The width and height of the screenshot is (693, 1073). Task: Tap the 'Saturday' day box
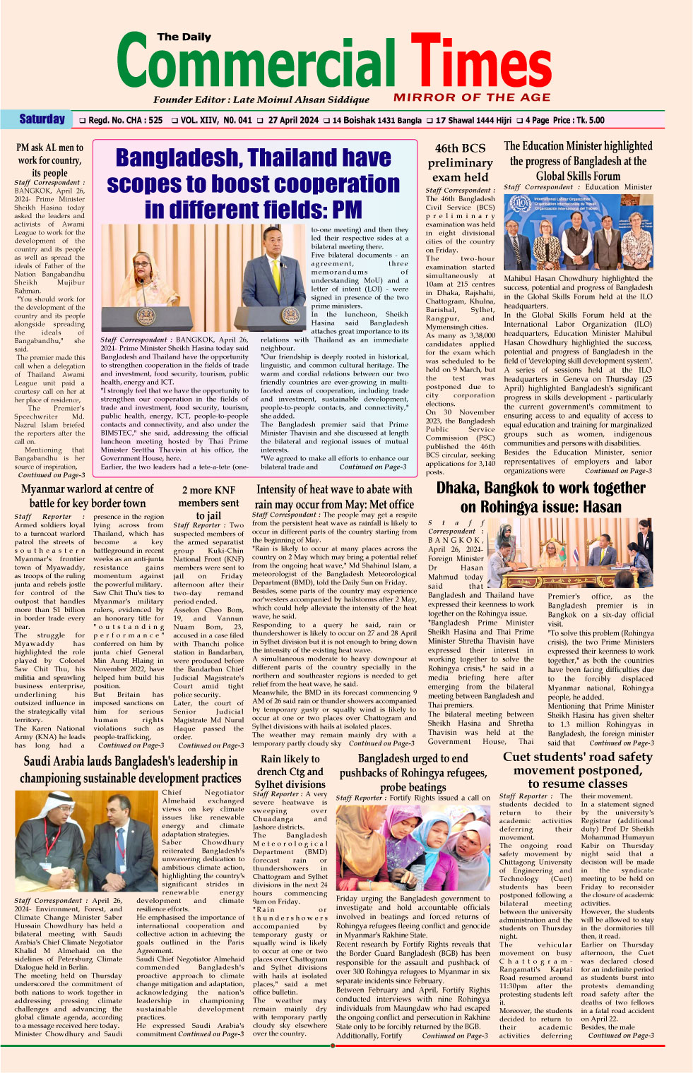click(42, 119)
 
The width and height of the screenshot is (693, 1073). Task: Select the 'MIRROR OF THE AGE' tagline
click(472, 97)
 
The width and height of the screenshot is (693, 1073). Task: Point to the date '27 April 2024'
click(293, 120)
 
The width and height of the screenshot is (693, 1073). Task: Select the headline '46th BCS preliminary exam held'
click(461, 162)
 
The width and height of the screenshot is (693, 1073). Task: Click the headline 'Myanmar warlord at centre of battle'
click(87, 496)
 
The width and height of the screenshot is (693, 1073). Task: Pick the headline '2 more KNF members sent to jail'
click(208, 503)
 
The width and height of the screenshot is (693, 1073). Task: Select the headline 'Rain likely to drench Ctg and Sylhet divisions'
click(290, 771)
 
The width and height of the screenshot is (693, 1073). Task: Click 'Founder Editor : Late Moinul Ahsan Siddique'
click(261, 100)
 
